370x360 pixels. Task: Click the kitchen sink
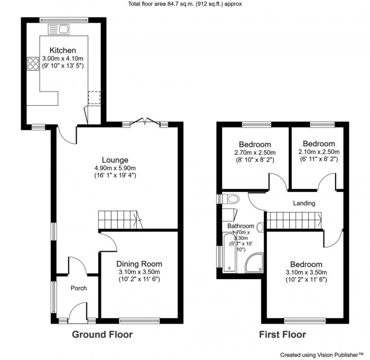(x=59, y=29)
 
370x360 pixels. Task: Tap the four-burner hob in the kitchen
(x=33, y=64)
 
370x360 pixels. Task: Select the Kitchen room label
(x=63, y=50)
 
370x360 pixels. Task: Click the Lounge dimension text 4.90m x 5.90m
(x=115, y=168)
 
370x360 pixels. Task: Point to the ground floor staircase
(x=121, y=220)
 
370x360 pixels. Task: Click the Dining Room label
(x=139, y=264)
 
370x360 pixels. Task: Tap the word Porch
(x=79, y=288)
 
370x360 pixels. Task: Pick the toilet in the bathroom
(x=230, y=199)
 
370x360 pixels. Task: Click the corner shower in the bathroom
(x=254, y=263)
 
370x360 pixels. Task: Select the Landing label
(x=304, y=203)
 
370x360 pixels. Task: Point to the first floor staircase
(x=294, y=220)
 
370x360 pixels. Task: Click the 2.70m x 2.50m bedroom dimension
(x=255, y=152)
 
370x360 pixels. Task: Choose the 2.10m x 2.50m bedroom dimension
(x=319, y=152)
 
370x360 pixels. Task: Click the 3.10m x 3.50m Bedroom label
(x=306, y=264)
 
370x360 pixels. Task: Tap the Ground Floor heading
(x=102, y=335)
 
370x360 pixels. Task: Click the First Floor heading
(x=282, y=335)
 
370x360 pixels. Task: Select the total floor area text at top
(x=185, y=4)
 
